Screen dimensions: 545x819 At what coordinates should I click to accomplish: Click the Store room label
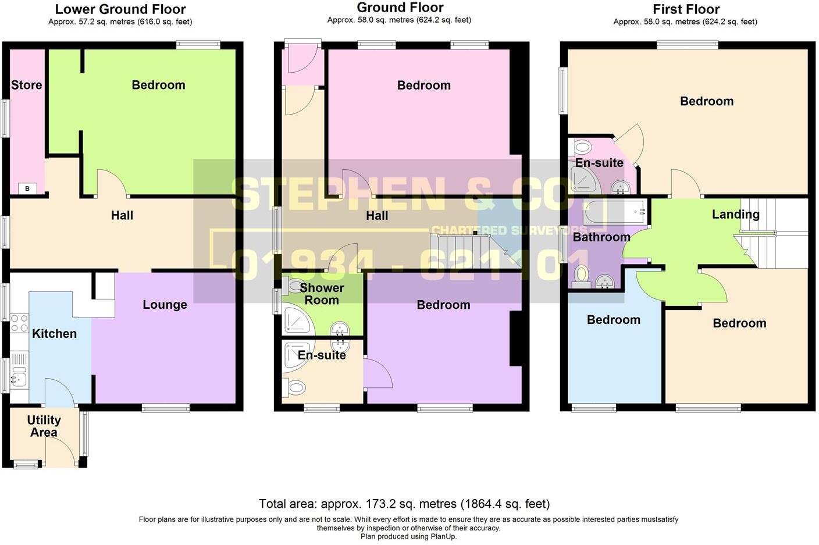point(27,85)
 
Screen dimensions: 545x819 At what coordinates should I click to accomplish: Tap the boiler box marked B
point(27,188)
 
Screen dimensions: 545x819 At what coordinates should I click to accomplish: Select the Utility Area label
point(44,426)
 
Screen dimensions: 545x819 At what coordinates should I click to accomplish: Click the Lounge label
point(165,305)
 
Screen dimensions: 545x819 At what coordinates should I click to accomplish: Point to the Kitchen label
point(54,334)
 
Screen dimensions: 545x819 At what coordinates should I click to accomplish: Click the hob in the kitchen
point(19,322)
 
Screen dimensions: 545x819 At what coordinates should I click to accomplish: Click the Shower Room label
point(322,294)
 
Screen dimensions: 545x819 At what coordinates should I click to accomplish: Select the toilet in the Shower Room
point(294,286)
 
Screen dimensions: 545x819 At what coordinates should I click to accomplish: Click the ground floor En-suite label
point(322,355)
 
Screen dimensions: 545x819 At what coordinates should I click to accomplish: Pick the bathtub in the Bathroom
point(615,212)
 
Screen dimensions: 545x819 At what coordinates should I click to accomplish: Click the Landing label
point(735,214)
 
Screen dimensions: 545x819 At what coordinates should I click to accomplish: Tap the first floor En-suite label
point(599,163)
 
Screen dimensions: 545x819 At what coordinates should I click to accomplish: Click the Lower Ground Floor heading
point(120,9)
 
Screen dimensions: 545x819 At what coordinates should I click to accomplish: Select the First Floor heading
point(686,9)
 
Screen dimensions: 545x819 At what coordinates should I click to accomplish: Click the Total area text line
point(404,504)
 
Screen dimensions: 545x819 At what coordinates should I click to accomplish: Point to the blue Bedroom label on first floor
point(613,320)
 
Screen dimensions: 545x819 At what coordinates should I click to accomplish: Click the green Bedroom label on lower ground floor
point(158,85)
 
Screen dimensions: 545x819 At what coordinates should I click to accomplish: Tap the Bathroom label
point(601,237)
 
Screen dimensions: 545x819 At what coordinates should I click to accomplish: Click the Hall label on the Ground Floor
point(376,216)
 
